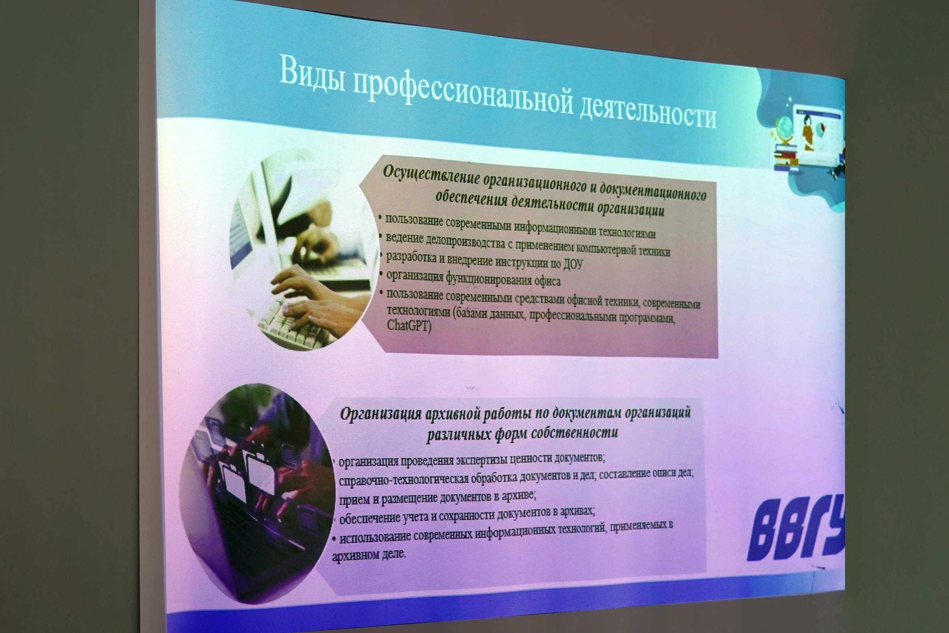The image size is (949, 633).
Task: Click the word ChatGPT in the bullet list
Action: click(409, 325)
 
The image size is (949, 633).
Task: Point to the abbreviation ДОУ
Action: click(573, 264)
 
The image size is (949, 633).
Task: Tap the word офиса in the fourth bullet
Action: click(547, 281)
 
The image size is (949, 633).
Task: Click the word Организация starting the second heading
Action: click(378, 414)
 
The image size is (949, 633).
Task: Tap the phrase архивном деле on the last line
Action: click(368, 555)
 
